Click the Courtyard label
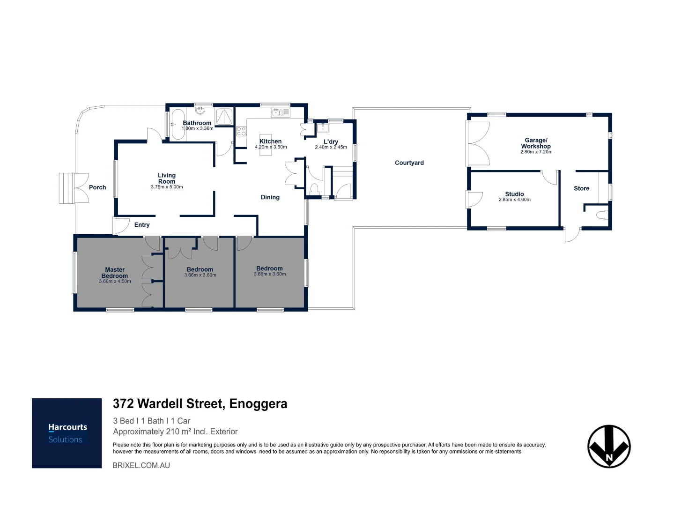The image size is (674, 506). click(x=409, y=163)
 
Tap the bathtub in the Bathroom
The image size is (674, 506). click(x=178, y=125)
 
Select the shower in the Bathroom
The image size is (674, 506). click(x=224, y=117)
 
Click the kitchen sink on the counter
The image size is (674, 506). click(x=281, y=112)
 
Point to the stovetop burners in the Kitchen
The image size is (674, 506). click(x=241, y=131)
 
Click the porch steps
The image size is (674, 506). click(x=67, y=188)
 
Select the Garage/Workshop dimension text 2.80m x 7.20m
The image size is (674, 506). click(x=536, y=152)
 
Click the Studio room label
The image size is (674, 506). click(x=514, y=194)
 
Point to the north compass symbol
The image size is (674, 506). click(x=609, y=446)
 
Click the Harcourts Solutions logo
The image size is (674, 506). click(x=67, y=433)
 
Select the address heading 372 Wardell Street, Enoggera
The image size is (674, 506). click(x=200, y=404)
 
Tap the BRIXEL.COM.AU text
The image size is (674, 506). click(x=141, y=465)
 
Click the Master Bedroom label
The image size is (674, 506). click(x=115, y=273)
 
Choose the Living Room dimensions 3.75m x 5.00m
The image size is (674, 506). click(x=167, y=187)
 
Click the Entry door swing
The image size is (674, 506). click(x=122, y=226)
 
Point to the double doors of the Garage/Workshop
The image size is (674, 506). click(x=478, y=143)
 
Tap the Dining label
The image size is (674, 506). click(x=270, y=197)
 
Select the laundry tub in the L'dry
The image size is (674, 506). click(x=322, y=127)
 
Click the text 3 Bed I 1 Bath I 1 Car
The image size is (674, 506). click(x=151, y=421)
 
